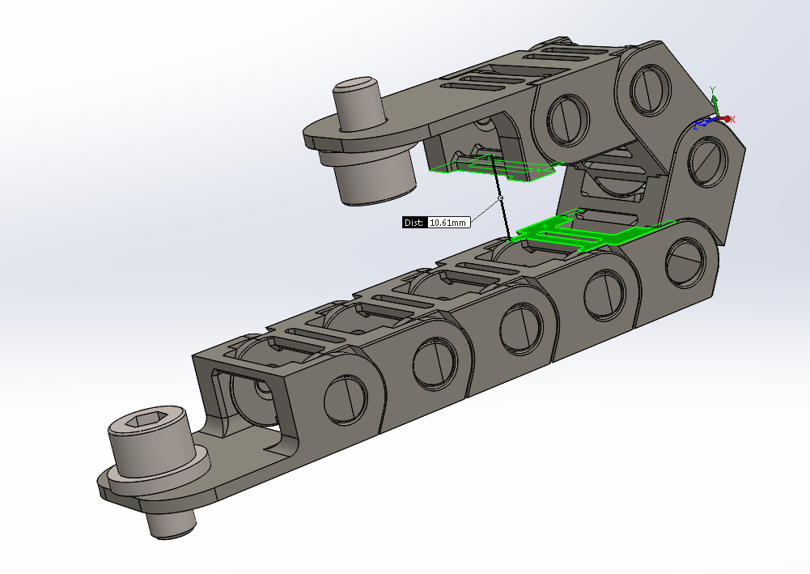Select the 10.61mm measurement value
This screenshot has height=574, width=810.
tap(448, 223)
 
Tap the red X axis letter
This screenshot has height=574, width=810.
tap(732, 120)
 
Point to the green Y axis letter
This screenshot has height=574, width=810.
tap(713, 91)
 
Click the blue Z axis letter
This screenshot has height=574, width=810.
tap(696, 125)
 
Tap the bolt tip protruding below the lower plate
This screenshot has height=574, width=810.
tap(172, 523)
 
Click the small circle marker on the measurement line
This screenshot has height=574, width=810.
tap(500, 198)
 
